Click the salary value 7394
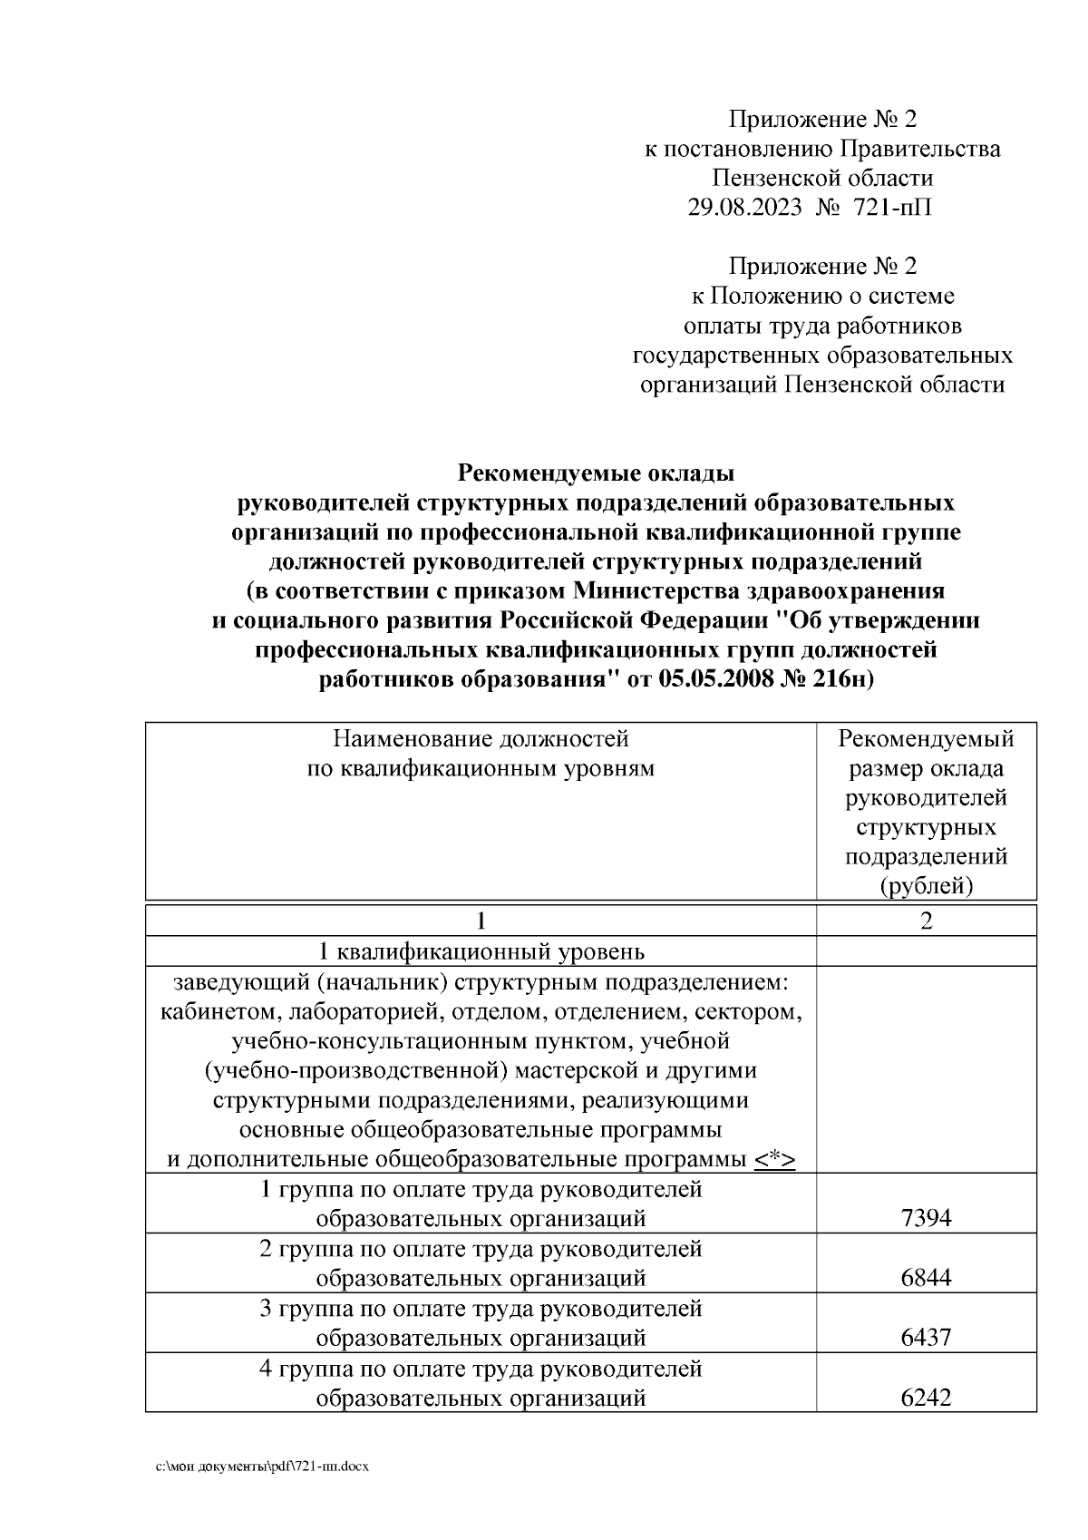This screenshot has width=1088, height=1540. click(926, 1218)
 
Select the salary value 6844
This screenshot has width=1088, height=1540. click(926, 1278)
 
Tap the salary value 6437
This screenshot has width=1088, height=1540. click(926, 1338)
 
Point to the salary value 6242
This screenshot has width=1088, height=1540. click(926, 1398)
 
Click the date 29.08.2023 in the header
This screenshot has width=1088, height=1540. click(744, 208)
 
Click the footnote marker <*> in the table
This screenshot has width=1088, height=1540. click(774, 1159)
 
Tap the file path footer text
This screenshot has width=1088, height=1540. click(262, 1466)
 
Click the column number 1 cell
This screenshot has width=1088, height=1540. click(481, 921)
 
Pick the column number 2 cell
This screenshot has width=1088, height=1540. click(926, 921)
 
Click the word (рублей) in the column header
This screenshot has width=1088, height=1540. click(926, 885)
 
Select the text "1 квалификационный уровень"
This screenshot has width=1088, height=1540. click(481, 951)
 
